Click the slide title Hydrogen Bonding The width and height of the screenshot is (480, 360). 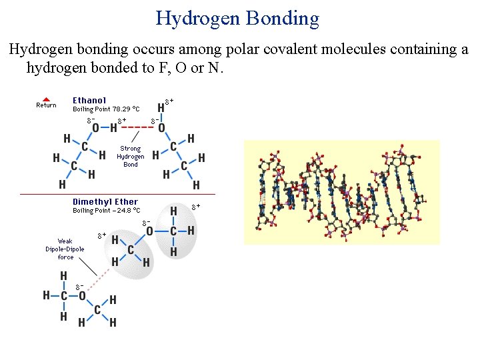[x=237, y=18]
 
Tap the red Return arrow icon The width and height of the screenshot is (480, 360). [x=46, y=99]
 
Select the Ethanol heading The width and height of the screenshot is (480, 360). [x=89, y=101]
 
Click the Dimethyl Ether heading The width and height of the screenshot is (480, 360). [x=105, y=202]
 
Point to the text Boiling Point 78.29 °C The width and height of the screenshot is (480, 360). [x=106, y=109]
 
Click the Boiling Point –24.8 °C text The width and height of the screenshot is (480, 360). [x=106, y=211]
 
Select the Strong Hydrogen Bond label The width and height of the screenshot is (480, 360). [x=131, y=157]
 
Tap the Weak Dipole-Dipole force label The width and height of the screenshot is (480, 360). [x=65, y=249]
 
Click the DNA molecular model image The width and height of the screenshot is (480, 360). [x=342, y=192]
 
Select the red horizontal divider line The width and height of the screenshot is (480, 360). [x=118, y=194]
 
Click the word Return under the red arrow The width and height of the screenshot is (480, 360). [x=46, y=105]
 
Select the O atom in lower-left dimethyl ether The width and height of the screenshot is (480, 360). [x=82, y=295]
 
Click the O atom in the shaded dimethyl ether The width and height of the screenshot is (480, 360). [x=149, y=231]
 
